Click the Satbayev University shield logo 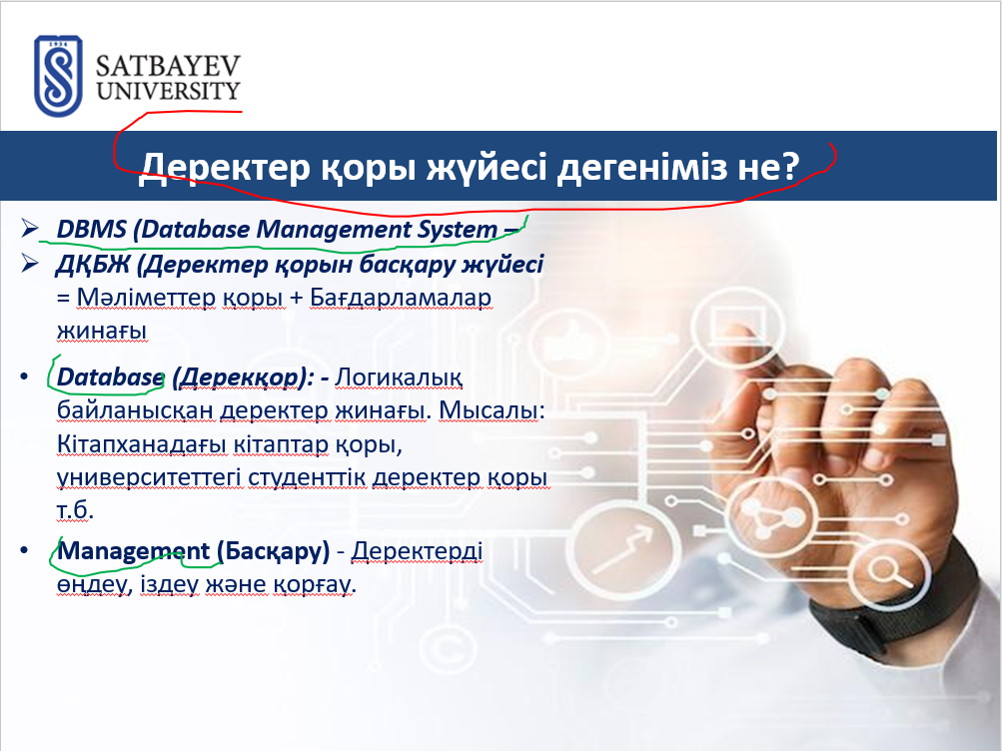[x=58, y=76]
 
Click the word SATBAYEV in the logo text [x=168, y=66]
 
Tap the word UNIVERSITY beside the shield [x=168, y=91]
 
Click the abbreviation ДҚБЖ [x=93, y=264]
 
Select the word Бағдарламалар [x=401, y=298]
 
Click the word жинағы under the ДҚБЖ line [x=102, y=332]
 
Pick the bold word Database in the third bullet [x=110, y=377]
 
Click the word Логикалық [x=399, y=377]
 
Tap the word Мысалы [x=489, y=410]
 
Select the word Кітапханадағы [x=141, y=443]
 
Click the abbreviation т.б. [x=75, y=510]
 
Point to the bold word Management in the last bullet [x=134, y=551]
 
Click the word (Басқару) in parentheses [x=274, y=551]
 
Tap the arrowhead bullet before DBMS [x=29, y=228]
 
